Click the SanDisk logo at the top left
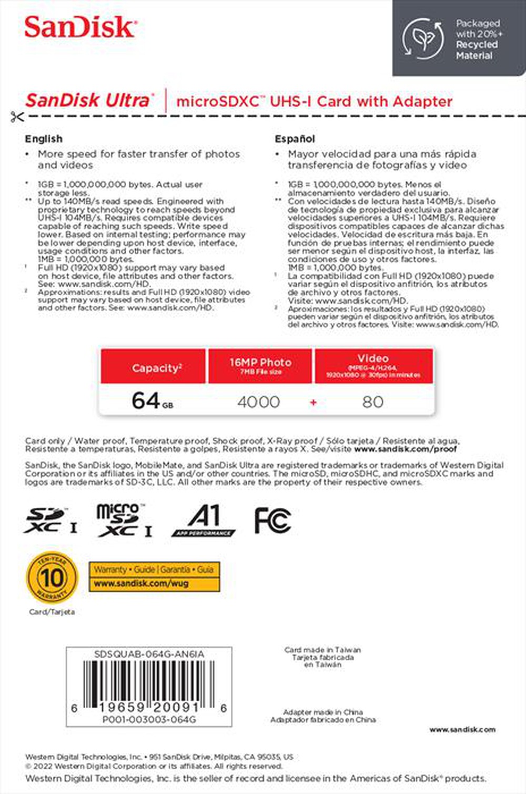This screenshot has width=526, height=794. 80,27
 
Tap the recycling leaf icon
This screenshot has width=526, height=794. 422,38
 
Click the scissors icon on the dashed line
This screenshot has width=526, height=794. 17,117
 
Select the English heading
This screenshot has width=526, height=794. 44,139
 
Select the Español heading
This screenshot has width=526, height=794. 295,139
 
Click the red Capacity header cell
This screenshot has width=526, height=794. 153,367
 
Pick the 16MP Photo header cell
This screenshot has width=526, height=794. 260,365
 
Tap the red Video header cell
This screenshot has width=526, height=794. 373,365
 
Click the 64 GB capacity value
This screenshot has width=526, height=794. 152,401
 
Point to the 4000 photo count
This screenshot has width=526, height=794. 258,402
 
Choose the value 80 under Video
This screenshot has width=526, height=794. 372,402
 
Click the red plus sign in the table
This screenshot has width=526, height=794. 313,403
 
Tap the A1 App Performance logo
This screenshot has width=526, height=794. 204,521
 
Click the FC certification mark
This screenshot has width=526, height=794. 272,520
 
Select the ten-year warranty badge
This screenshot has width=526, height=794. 52,578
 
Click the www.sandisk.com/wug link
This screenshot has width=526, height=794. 141,584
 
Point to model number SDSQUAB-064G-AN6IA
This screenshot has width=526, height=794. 149,654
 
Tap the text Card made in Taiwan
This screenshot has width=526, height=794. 322,650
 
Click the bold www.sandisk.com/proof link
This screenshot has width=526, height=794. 405,449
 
